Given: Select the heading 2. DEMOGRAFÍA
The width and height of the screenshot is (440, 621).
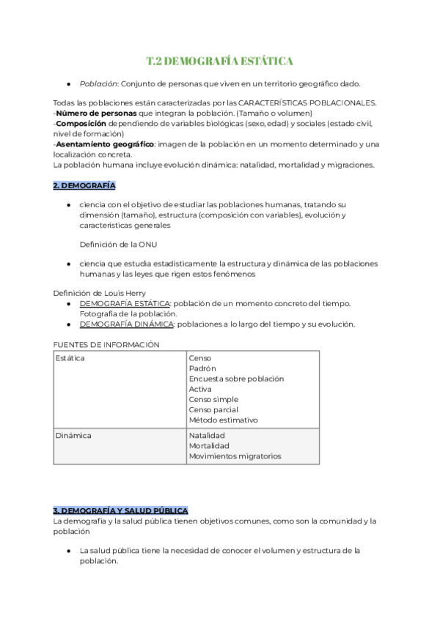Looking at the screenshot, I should [84, 186].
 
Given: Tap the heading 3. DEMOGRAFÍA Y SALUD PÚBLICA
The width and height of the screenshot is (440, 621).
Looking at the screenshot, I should [120, 510].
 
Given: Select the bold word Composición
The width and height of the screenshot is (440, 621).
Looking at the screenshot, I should [81, 124].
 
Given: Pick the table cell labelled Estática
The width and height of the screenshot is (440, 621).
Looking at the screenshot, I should [70, 358].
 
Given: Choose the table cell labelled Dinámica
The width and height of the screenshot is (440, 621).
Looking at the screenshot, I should [73, 435].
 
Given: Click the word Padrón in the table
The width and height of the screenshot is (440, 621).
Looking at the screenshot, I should [202, 368].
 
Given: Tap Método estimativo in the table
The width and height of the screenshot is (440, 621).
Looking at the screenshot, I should [223, 420].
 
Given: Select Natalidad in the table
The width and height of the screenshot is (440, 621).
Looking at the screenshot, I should [207, 435].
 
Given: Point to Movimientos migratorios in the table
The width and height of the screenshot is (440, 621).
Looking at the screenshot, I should [235, 455].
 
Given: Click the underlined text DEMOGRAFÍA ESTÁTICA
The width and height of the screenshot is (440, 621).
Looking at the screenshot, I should [125, 303].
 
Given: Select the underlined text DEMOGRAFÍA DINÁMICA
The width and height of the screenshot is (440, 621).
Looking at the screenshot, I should [127, 324].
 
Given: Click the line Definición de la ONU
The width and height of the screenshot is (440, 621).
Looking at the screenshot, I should [117, 244].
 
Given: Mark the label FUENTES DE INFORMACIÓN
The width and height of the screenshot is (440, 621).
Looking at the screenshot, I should [106, 344].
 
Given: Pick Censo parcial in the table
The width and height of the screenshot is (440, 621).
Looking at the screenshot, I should [213, 409].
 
